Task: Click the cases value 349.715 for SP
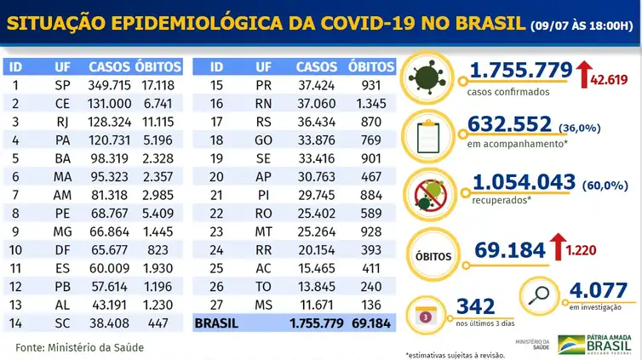[x=109, y=85]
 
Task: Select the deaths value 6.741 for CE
[x=158, y=104]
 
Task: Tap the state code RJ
[x=62, y=122]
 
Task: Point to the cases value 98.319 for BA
[x=109, y=158]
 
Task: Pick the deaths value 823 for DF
[x=158, y=250]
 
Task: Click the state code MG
[x=62, y=231]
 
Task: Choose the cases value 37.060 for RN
[x=317, y=104]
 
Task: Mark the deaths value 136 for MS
[x=371, y=305]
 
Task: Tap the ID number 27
[x=216, y=305]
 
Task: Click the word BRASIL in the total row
[x=216, y=323]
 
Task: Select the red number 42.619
[x=609, y=79]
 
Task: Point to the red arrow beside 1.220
[x=558, y=247]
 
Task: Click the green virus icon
[x=427, y=77]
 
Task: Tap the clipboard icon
[x=428, y=137]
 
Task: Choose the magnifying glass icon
[x=539, y=295]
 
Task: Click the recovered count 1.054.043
[x=524, y=182]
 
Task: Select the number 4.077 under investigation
[x=599, y=290]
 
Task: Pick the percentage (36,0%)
[x=579, y=128]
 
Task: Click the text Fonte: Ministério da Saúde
[x=80, y=348]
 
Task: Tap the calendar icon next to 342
[x=426, y=317]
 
